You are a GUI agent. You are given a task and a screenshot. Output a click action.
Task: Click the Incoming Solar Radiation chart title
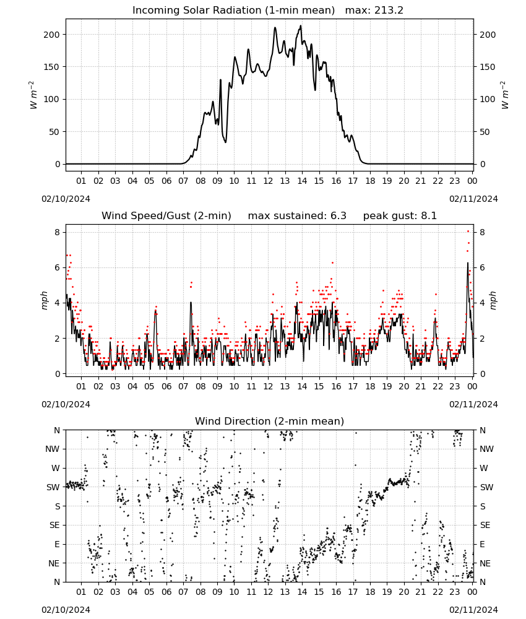[x=233, y=11]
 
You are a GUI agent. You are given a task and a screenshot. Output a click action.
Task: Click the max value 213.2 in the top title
[x=389, y=11]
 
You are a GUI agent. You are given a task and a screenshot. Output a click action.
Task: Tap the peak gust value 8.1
[x=429, y=215]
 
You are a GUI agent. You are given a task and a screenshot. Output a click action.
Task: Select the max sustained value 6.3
[x=338, y=215]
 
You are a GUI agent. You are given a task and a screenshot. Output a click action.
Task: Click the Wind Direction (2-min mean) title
[x=270, y=421]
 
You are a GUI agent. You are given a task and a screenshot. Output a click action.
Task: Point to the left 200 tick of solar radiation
[x=52, y=35]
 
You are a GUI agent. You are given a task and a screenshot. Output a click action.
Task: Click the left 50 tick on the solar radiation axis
[x=54, y=132]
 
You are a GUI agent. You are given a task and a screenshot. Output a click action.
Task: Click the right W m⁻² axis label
[x=505, y=95]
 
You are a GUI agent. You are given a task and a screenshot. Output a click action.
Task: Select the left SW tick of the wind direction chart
[x=53, y=487]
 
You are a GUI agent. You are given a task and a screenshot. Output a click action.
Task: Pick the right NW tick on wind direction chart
[x=486, y=449]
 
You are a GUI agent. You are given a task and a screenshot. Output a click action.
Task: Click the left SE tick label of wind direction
[x=54, y=525]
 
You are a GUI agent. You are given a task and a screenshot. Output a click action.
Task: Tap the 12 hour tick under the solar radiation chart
[x=269, y=181]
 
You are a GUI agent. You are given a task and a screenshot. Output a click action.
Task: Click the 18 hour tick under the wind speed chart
[x=370, y=386]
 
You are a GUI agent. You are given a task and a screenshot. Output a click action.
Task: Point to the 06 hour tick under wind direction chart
[x=166, y=592]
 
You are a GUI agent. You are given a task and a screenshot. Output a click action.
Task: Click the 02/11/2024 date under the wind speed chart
[x=473, y=404]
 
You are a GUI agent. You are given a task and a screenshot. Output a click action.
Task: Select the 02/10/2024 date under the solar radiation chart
[x=66, y=199]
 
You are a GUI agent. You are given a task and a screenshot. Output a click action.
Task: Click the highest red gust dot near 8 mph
[x=468, y=231]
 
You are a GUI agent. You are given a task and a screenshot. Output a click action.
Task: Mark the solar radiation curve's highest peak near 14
[x=301, y=26]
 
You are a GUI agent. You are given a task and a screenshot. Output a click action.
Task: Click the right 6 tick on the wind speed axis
[x=482, y=267]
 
